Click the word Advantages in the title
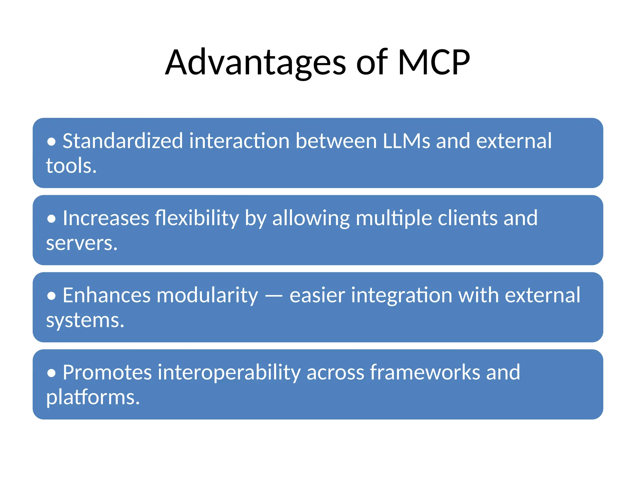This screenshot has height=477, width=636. click(x=255, y=63)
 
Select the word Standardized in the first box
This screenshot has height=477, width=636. click(x=123, y=141)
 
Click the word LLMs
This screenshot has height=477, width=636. click(x=406, y=141)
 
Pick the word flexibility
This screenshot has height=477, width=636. click(x=197, y=218)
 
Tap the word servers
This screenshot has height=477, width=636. click(x=82, y=243)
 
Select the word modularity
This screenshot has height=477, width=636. click(x=207, y=295)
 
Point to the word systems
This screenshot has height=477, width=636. click(x=85, y=320)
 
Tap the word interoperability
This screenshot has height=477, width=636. click(x=229, y=373)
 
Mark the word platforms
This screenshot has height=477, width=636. click(x=93, y=397)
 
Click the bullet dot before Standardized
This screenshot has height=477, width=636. click(x=52, y=142)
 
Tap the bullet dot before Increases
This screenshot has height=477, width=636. click(x=52, y=219)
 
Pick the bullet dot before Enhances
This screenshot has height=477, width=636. click(x=52, y=296)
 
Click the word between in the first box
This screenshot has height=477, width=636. click(x=336, y=141)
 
